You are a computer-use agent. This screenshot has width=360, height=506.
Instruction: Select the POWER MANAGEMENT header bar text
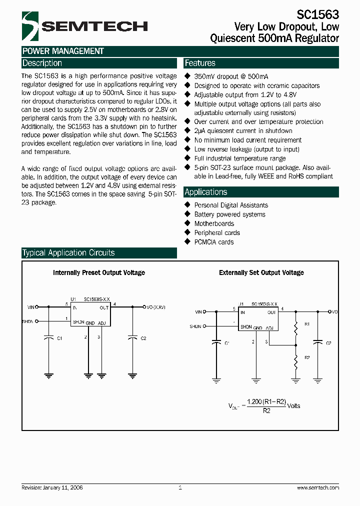63,51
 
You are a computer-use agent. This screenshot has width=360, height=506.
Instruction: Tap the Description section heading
42,63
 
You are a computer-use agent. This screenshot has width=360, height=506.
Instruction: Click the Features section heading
200,63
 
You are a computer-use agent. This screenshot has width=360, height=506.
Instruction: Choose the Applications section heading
205,192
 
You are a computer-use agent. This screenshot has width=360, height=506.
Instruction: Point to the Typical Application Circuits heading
68,253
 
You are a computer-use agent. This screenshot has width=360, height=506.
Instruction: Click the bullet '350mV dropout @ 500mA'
231,76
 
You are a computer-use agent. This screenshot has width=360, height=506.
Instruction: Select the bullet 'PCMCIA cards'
214,242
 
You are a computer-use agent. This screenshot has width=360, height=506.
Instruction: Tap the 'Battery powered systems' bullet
229,214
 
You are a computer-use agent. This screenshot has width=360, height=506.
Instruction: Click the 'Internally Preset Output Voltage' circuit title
99,272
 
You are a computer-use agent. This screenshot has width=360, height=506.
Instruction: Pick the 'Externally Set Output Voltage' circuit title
261,272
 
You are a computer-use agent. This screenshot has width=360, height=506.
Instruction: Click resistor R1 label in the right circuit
306,324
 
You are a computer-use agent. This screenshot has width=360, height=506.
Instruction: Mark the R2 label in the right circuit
306,357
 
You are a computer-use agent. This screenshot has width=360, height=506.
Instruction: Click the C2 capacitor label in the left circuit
143,338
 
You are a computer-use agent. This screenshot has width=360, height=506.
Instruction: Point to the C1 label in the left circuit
59,338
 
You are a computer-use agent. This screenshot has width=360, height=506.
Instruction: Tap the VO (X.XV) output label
155,307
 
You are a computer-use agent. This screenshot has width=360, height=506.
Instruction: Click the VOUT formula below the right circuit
264,405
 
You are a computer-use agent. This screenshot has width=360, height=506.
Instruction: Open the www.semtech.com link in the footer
317,487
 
